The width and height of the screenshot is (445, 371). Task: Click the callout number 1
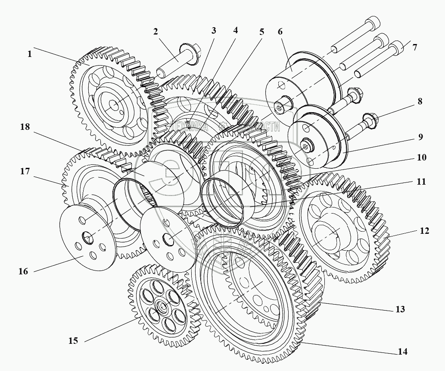pyautogui.click(x=29, y=54)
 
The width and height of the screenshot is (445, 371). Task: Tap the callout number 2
pyautogui.click(x=155, y=31)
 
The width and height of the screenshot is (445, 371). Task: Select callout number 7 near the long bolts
pyautogui.click(x=414, y=47)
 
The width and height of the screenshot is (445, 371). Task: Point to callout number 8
pyautogui.click(x=420, y=102)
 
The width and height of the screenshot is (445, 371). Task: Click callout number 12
pyautogui.click(x=424, y=231)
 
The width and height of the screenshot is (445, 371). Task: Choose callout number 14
pyautogui.click(x=402, y=352)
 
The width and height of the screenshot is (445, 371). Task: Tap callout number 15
pyautogui.click(x=73, y=341)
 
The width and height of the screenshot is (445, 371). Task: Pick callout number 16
pyautogui.click(x=23, y=271)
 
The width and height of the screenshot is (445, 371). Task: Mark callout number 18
pyautogui.click(x=25, y=127)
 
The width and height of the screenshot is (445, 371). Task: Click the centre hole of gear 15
pyautogui.click(x=162, y=307)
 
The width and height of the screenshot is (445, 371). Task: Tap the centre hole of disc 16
pyautogui.click(x=88, y=237)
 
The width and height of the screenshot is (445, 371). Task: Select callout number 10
pyautogui.click(x=421, y=157)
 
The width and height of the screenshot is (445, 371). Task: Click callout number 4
pyautogui.click(x=235, y=31)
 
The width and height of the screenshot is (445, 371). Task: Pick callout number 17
pyautogui.click(x=25, y=171)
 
